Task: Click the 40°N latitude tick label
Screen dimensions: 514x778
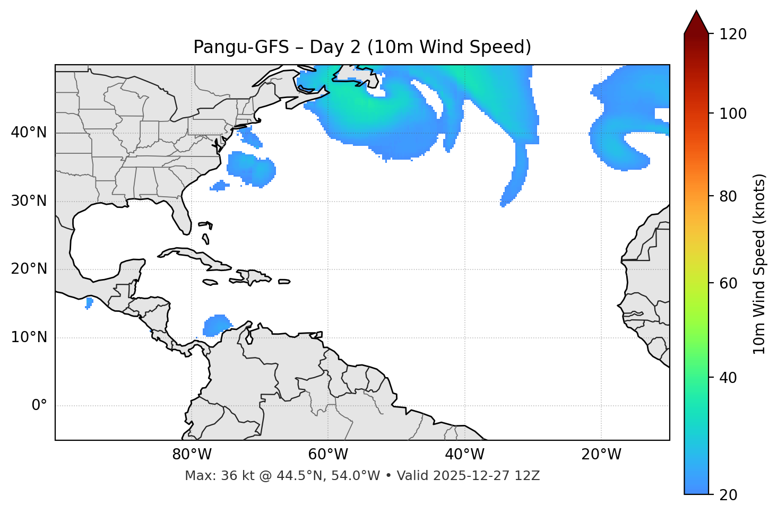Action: (x=29, y=133)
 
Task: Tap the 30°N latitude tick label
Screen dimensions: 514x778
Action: (x=29, y=201)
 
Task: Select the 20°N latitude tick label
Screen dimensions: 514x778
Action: (x=29, y=269)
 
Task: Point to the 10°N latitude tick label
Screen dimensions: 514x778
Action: (x=29, y=337)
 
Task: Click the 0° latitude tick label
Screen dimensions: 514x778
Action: (x=39, y=406)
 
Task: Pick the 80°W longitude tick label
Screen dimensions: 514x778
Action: (x=192, y=455)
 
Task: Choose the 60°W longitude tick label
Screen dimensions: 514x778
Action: (x=328, y=455)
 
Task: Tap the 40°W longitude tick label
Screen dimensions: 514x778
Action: (x=464, y=455)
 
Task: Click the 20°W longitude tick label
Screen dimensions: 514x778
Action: (x=601, y=455)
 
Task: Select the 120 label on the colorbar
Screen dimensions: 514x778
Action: (x=733, y=34)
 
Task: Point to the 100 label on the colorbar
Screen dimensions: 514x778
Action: (x=733, y=114)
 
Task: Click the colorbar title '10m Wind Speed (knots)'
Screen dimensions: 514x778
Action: (x=759, y=264)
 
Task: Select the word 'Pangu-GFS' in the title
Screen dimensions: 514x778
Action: (x=241, y=47)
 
